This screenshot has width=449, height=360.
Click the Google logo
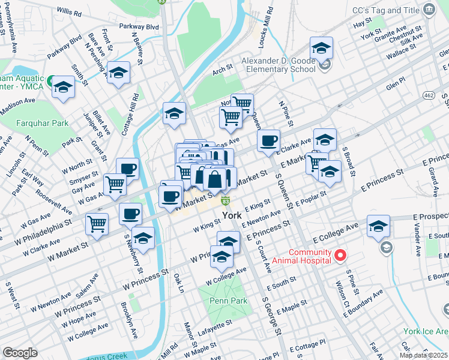tap(20, 353)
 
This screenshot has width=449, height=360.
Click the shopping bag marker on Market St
tap(214, 179)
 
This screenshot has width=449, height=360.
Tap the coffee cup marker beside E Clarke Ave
tap(269, 141)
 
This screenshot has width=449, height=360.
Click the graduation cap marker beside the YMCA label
tap(62, 88)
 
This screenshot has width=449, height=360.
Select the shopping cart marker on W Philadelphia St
tap(97, 224)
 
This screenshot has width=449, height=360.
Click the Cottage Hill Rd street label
tap(131, 112)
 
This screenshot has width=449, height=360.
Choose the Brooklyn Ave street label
tap(126, 314)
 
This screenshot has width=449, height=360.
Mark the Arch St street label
tap(221, 71)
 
